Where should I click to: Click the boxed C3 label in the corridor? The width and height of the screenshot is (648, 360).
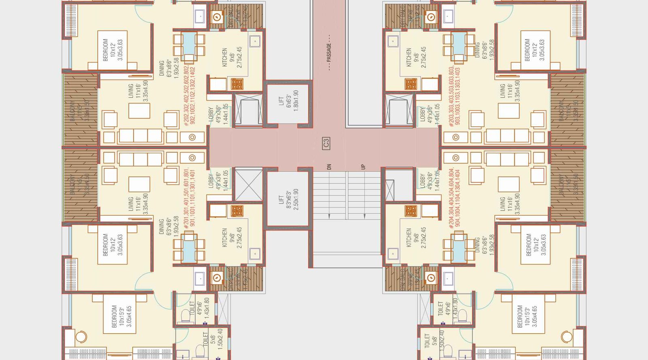pyautogui.click(x=326, y=143)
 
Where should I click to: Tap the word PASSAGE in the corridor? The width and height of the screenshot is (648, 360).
pyautogui.click(x=329, y=53)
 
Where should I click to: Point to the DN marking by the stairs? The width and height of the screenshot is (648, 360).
pyautogui.click(x=329, y=166)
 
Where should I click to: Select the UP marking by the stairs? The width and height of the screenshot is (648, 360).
pyautogui.click(x=363, y=166)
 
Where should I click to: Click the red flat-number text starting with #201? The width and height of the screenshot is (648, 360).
pyautogui.click(x=189, y=198)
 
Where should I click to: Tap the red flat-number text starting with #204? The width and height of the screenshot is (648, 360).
pyautogui.click(x=454, y=198)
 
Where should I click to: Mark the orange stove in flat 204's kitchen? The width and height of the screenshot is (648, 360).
pyautogui.click(x=411, y=211)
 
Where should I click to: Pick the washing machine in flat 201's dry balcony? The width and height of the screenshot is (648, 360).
pyautogui.click(x=217, y=278)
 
